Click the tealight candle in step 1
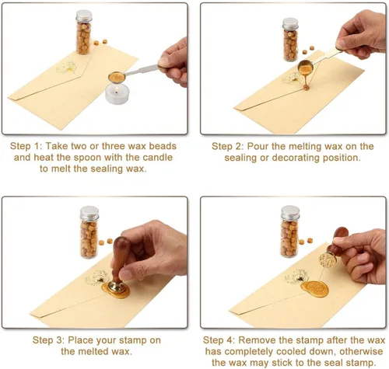(117, 95)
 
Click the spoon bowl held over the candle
(117, 77)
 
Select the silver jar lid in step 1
(84, 16)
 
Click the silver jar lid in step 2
(290, 23)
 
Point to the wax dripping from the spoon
(306, 82)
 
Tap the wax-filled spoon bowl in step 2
(306, 67)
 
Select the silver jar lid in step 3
(89, 213)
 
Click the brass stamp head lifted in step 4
(327, 260)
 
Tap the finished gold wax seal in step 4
(314, 289)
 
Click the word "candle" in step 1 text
(157, 158)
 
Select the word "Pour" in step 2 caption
(258, 146)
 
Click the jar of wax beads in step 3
(89, 232)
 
